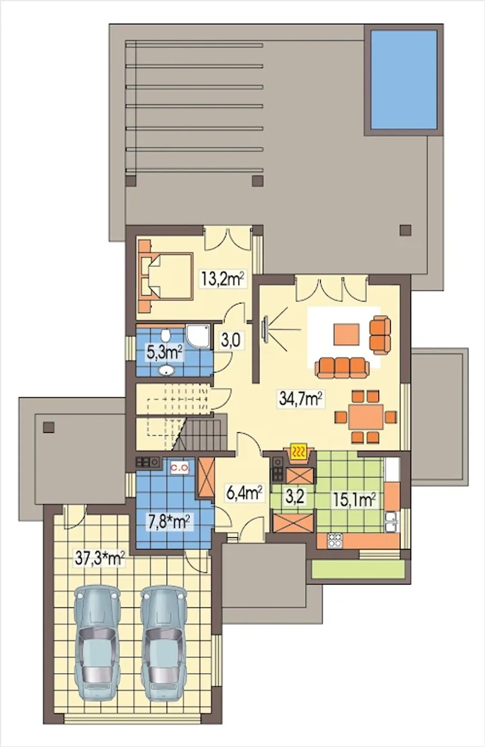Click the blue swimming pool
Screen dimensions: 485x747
404,80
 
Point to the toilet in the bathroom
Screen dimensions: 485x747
165,335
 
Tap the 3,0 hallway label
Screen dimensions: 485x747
230,340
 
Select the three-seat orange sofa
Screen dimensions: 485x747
342,367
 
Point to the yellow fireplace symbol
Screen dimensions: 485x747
300,452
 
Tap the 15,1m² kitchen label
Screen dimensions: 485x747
355,500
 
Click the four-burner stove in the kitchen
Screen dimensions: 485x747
335,540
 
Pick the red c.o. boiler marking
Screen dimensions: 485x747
179,468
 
